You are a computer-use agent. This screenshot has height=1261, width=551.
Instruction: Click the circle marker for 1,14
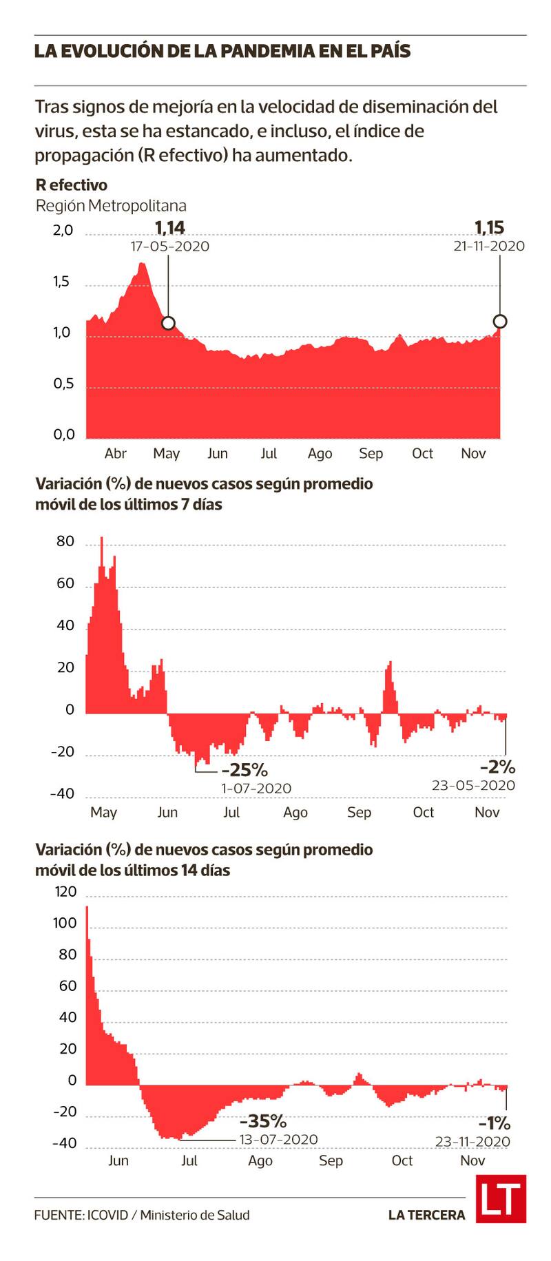(167, 323)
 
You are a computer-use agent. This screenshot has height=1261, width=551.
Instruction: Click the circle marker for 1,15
(500, 321)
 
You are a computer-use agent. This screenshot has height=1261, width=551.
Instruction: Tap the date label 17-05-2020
(170, 247)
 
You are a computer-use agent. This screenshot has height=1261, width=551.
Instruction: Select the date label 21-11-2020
(488, 246)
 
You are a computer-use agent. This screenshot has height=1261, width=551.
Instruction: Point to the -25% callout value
(244, 769)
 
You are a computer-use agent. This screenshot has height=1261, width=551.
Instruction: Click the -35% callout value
(262, 1121)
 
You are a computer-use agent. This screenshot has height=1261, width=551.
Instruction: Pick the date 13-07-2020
(278, 1140)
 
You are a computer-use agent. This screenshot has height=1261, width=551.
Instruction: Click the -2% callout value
(497, 767)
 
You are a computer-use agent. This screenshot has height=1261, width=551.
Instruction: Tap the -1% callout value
(495, 1123)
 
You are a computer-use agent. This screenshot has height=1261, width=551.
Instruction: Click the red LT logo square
(501, 1199)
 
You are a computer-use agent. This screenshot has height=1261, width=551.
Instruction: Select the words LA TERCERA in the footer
(426, 1215)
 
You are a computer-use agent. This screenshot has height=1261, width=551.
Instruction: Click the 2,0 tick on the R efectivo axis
(63, 231)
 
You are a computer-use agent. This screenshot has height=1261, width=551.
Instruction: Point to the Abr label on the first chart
(116, 453)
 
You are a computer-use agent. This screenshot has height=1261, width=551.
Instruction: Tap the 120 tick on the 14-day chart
(65, 892)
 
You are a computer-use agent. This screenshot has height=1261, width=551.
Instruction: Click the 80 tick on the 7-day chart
(65, 541)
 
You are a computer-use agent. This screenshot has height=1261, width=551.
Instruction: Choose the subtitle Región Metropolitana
(111, 206)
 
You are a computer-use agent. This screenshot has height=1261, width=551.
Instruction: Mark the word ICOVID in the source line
(107, 1215)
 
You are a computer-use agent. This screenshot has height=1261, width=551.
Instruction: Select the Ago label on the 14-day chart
(260, 1160)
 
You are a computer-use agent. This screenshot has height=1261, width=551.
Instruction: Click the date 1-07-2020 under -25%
(256, 789)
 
